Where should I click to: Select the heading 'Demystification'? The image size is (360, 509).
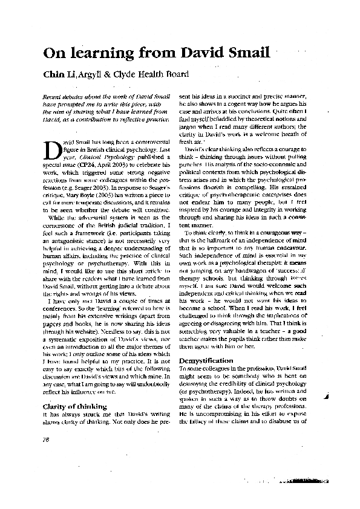pyautogui.click(x=206, y=361)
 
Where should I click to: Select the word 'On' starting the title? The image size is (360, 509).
pyautogui.click(x=53, y=53)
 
